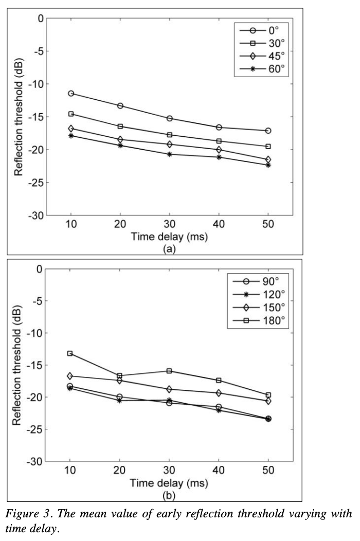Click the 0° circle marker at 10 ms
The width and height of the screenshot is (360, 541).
click(71, 93)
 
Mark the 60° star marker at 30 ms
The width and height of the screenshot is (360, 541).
click(170, 154)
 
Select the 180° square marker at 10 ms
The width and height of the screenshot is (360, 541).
click(70, 353)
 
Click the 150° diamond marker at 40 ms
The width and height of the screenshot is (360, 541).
click(219, 393)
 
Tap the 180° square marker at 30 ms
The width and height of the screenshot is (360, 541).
click(170, 371)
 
